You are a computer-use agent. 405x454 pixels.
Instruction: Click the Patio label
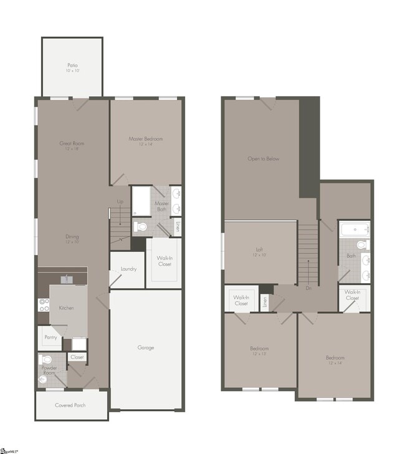click(72, 65)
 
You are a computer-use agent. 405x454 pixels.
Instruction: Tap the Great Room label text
click(72, 143)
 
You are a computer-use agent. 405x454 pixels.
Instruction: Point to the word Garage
click(146, 347)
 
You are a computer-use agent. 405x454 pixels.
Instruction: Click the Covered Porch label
click(70, 405)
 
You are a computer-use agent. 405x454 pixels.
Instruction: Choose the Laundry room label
click(128, 269)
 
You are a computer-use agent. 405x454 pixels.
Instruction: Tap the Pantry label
click(51, 337)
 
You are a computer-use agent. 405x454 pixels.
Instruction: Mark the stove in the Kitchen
click(44, 305)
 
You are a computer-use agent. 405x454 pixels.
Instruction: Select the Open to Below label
click(263, 158)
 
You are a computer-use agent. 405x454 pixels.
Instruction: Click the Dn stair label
click(308, 288)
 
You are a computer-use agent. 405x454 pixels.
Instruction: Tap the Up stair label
click(120, 201)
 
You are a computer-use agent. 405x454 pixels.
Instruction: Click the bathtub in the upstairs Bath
click(354, 229)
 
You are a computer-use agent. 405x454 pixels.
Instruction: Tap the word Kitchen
click(67, 308)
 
